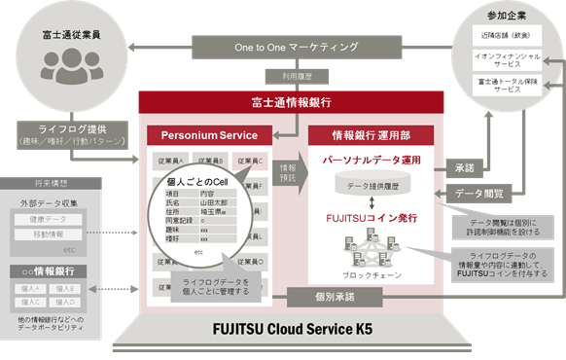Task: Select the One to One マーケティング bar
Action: click(296, 46)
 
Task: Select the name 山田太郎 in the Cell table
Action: click(217, 202)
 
